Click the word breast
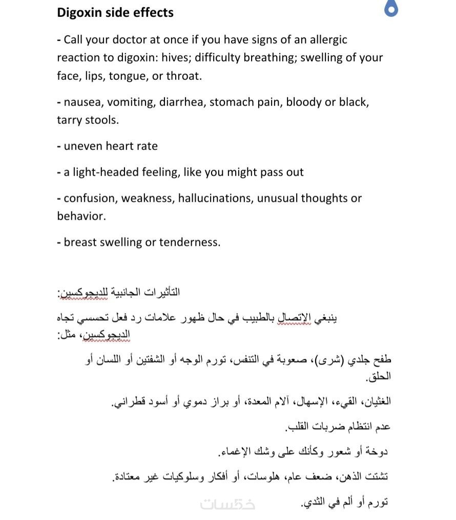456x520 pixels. tap(79, 242)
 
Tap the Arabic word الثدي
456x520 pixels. tap(313, 504)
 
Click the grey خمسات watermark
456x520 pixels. tap(227, 504)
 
